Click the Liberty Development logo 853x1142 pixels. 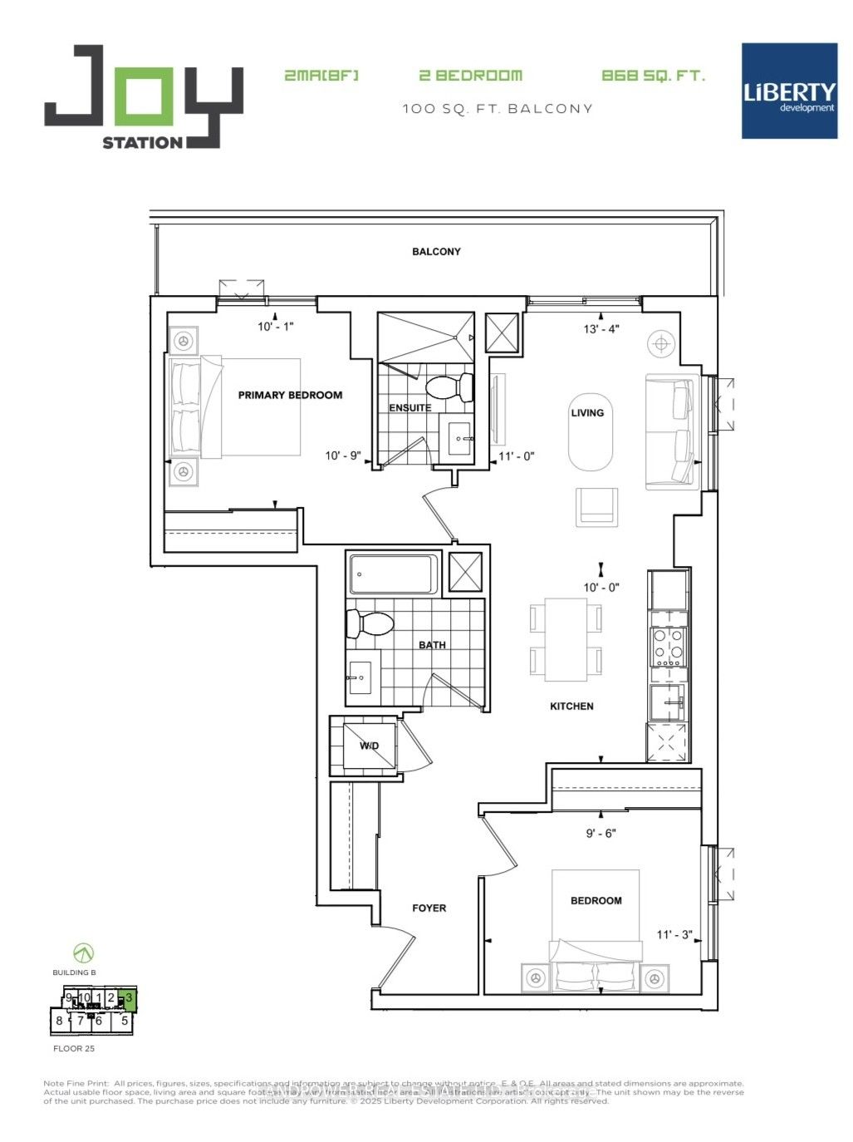[x=789, y=91]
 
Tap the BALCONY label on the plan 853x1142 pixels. [x=436, y=252]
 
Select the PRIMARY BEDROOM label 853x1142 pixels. [x=290, y=395]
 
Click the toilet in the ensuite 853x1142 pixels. [x=448, y=386]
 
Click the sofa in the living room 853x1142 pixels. [x=669, y=431]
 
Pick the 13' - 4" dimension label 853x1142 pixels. [x=601, y=329]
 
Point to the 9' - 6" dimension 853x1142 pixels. [x=601, y=833]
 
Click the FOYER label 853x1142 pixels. [x=429, y=908]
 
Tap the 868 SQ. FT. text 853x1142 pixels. [x=653, y=76]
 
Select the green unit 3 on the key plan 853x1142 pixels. [x=128, y=998]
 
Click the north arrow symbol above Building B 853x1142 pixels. [x=83, y=952]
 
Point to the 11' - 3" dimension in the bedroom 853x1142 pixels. [x=674, y=934]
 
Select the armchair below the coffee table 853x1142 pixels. [x=596, y=507]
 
